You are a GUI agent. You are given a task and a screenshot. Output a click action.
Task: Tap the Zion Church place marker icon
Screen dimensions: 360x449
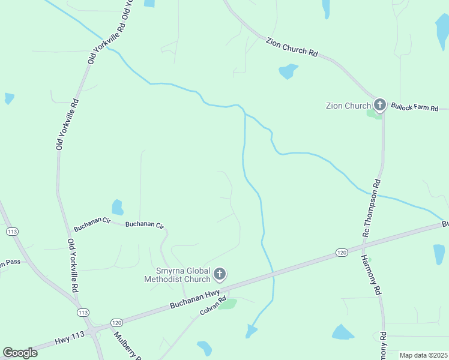coord(379,105)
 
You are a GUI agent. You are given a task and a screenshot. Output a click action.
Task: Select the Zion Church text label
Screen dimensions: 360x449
coord(348,106)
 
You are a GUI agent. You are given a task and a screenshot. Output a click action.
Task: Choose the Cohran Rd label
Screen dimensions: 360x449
coord(213,306)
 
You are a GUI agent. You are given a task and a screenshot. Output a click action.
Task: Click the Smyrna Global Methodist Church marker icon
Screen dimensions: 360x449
coord(220,275)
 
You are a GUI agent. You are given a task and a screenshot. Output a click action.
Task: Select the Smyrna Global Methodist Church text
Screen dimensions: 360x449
coord(177,274)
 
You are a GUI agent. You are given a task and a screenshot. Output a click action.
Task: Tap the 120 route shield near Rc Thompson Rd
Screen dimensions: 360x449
coord(342,253)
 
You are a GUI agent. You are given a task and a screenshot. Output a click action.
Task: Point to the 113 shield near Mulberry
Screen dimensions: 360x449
coord(83,313)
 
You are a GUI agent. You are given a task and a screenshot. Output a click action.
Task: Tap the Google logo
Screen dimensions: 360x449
coord(20,353)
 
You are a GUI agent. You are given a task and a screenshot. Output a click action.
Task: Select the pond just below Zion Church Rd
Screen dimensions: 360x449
coord(288,71)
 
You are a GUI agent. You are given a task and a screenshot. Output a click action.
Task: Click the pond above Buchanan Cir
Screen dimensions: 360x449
coord(118,207)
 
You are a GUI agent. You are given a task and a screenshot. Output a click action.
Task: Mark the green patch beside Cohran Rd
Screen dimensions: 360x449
coord(228,304)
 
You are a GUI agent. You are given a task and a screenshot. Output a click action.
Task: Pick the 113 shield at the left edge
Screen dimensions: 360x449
coord(11,232)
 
